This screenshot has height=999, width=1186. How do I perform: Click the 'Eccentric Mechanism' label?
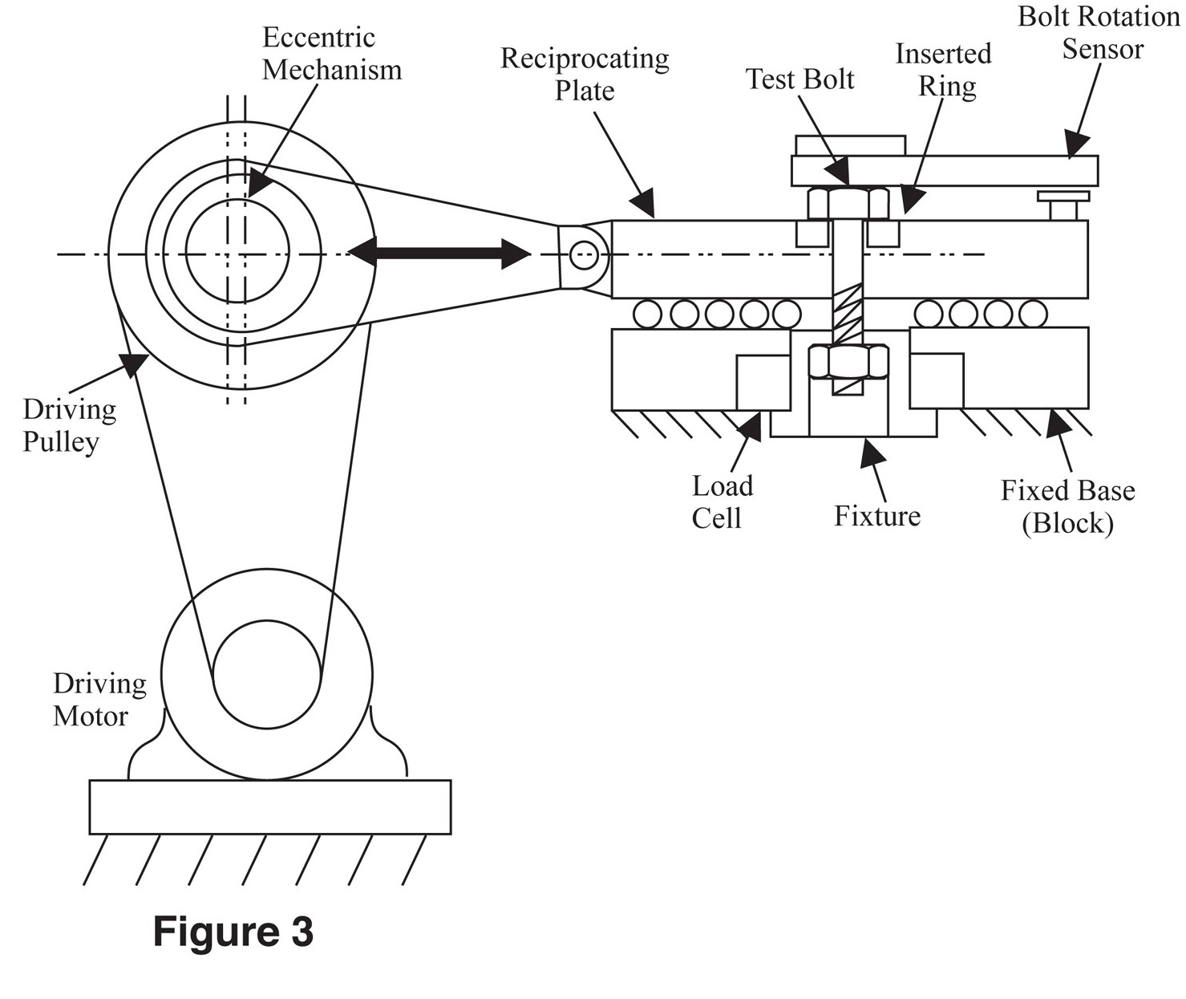tap(332, 54)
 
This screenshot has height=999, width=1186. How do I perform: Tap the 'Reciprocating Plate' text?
tap(585, 75)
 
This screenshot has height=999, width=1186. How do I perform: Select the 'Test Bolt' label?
tap(799, 79)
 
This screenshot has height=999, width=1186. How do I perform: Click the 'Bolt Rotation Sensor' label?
tap(1099, 33)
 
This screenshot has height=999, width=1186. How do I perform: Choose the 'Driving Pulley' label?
tap(69, 425)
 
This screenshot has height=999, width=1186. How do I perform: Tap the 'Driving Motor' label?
tap(99, 700)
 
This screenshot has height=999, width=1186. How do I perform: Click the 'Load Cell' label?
tap(722, 502)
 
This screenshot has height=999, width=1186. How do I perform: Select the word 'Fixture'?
tap(877, 516)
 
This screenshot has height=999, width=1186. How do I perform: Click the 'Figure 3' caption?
tap(233, 932)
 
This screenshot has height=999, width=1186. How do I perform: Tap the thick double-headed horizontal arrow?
tap(439, 253)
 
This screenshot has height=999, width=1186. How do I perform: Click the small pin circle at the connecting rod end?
tap(584, 254)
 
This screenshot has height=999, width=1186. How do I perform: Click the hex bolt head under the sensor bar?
tap(848, 204)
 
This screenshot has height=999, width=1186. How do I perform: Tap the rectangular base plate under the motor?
tap(270, 807)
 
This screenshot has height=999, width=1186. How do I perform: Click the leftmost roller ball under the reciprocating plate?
tap(648, 314)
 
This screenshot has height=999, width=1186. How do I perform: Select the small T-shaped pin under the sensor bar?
tap(1063, 205)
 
